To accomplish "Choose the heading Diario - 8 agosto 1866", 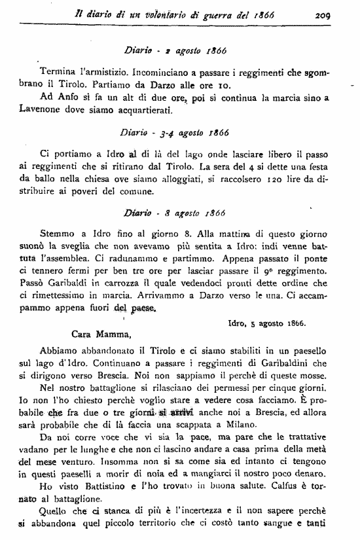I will pyautogui.click(x=174, y=213).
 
